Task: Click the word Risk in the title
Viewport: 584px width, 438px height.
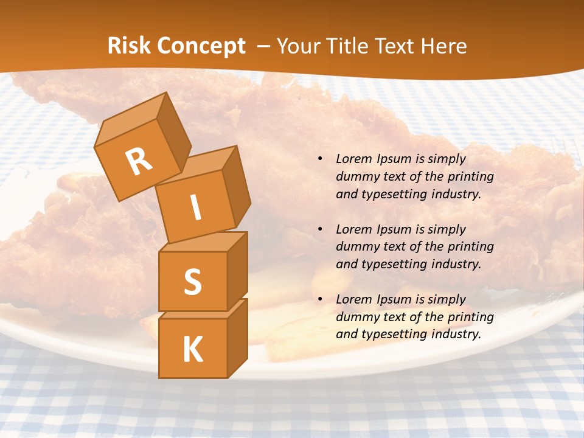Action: point(130,46)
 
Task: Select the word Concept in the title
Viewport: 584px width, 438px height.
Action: point(201,47)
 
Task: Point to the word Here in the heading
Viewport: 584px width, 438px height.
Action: point(444,46)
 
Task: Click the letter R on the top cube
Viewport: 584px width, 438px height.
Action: point(139,161)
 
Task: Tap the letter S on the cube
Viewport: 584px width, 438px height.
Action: point(192,282)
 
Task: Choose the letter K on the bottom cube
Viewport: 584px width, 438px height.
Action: point(192,350)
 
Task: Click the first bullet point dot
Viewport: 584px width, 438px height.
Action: point(320,159)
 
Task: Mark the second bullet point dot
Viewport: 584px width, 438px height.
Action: point(320,229)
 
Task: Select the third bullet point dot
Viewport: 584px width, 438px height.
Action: point(320,299)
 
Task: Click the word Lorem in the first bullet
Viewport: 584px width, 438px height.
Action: point(353,159)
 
